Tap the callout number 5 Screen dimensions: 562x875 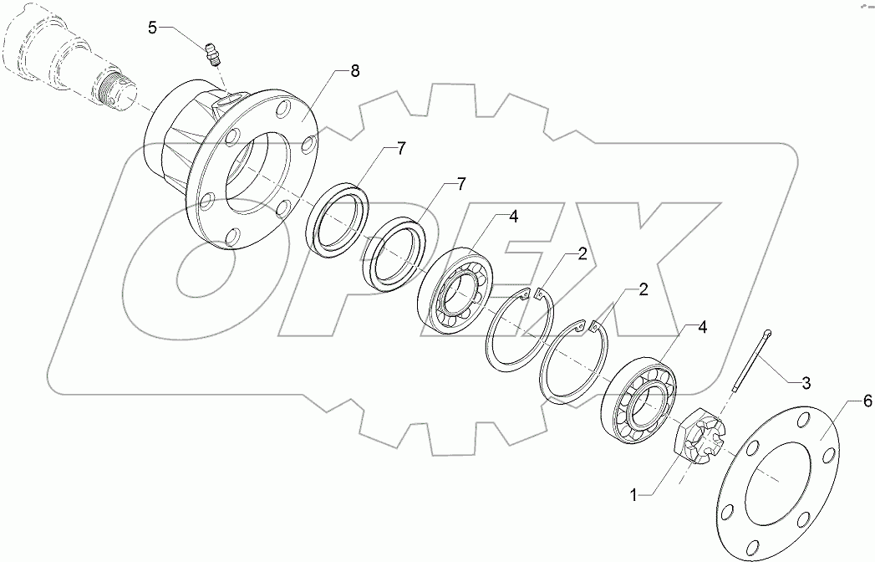click(x=152, y=28)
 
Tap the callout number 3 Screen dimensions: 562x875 click(x=806, y=384)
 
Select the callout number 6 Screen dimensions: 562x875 click(x=867, y=401)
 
